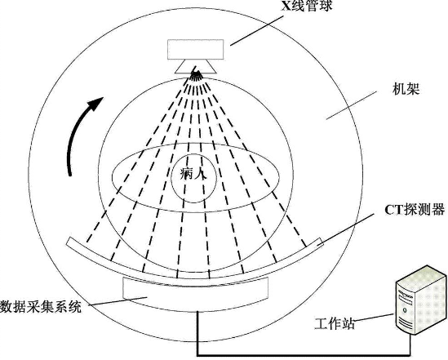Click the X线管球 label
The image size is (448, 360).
[x=307, y=5]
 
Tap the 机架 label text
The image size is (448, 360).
[x=406, y=88]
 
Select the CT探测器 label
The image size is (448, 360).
[x=415, y=210]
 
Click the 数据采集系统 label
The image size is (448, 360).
[x=41, y=307]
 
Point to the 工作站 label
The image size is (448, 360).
[x=335, y=323]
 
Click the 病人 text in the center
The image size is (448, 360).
[x=193, y=173]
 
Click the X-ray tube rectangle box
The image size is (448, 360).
[x=195, y=50]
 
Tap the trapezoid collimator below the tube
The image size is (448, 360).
[x=195, y=67]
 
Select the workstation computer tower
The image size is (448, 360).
[x=421, y=300]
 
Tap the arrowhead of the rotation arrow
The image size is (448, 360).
[x=97, y=102]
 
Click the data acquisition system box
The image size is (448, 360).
[x=195, y=291]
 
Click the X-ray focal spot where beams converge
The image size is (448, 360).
[x=196, y=73]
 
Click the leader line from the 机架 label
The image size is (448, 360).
[x=352, y=105]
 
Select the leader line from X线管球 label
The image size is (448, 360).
[x=256, y=30]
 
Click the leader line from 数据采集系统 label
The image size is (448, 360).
[x=118, y=301]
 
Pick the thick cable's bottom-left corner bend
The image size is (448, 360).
[x=197, y=355]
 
